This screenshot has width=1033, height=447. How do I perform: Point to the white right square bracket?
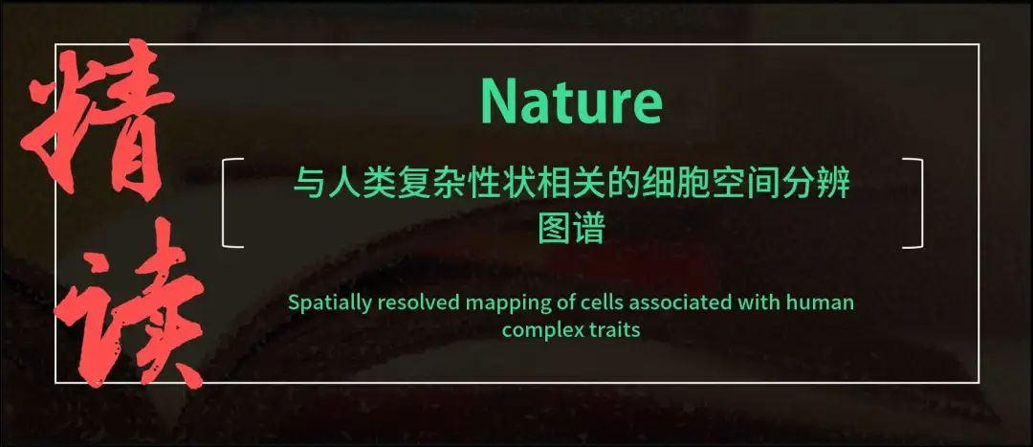pos(917,203)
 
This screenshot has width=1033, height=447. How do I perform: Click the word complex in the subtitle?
pos(538,330)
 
